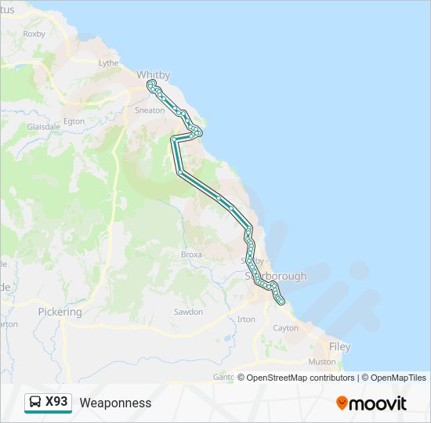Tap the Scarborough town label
pos(275,277)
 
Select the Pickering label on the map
pos(60,312)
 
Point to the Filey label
pos(340,346)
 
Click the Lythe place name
pos(108,63)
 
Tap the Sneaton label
pos(150,110)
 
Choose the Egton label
pos(74,121)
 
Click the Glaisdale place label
pos(44,126)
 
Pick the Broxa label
pos(191,255)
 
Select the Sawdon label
pos(188,312)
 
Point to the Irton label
pos(246,320)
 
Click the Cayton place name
pos(285,328)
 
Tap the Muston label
pos(322,362)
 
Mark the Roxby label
pos(34,34)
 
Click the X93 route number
pos(57,402)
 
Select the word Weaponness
pos(115,403)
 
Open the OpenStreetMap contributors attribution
pos(301,378)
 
